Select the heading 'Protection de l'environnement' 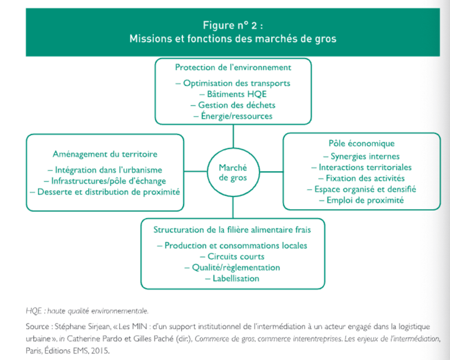[233, 67]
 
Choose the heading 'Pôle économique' [362, 143]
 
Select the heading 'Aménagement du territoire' [105, 154]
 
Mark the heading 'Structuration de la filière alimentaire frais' [232, 230]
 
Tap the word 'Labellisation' [236, 278]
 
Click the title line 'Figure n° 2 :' [233, 25]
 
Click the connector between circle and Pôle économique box [272, 172]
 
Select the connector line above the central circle [233, 136]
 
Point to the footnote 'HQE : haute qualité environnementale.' [87, 311]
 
